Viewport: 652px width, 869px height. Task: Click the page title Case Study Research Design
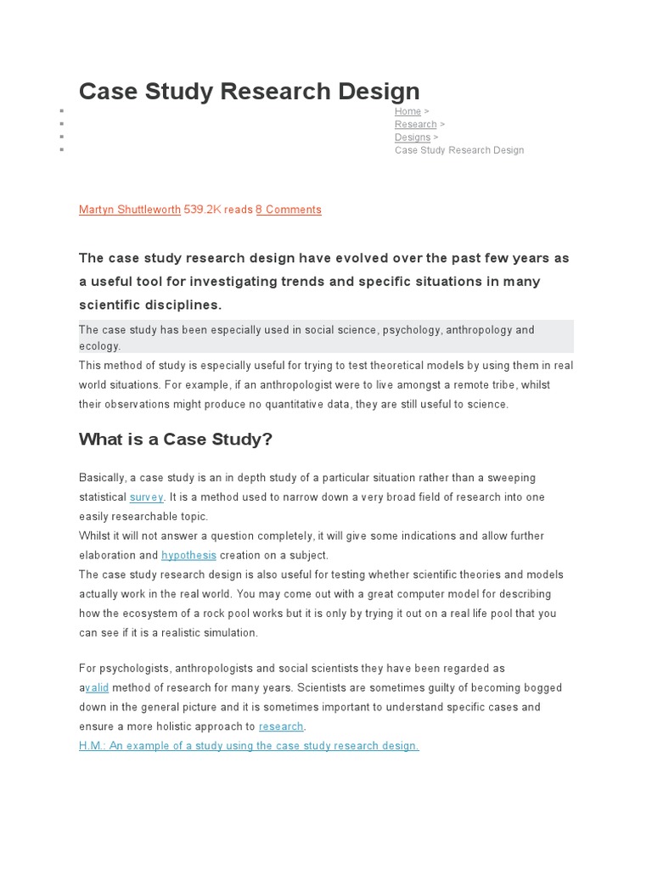pyautogui.click(x=249, y=92)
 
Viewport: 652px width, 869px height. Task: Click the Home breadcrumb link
pyautogui.click(x=407, y=112)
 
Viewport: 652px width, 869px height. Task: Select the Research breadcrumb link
pyautogui.click(x=415, y=125)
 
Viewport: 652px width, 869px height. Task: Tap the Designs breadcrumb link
pyautogui.click(x=413, y=137)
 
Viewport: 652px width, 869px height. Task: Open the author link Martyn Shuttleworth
pyautogui.click(x=129, y=210)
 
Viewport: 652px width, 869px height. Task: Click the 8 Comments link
pyautogui.click(x=289, y=210)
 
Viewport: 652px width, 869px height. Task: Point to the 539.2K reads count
pyautogui.click(x=218, y=210)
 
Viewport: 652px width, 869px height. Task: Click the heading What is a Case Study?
pyautogui.click(x=176, y=439)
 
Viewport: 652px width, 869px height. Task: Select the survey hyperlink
pyautogui.click(x=146, y=497)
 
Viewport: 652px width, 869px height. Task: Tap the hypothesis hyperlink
pyautogui.click(x=188, y=556)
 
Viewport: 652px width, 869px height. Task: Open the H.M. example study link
pyautogui.click(x=249, y=746)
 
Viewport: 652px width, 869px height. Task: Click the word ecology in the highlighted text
pyautogui.click(x=100, y=346)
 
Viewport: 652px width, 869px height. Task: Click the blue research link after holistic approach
pyautogui.click(x=281, y=726)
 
